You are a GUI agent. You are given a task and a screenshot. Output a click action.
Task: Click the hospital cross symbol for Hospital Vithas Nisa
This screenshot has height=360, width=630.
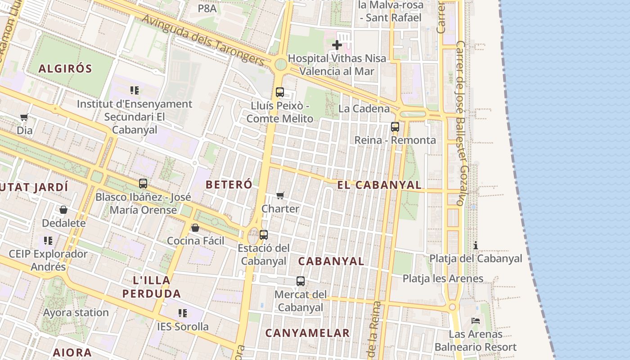click(x=337, y=45)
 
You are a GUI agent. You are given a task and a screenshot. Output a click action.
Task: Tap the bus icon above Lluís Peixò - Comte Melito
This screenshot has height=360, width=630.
click(x=280, y=92)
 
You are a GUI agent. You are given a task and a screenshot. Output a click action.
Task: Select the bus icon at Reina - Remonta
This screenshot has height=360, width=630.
click(x=395, y=127)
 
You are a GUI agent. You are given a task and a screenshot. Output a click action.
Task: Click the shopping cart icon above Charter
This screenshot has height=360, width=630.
click(x=280, y=195)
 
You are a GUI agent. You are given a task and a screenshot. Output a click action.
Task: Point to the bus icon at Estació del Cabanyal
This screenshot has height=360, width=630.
click(x=264, y=234)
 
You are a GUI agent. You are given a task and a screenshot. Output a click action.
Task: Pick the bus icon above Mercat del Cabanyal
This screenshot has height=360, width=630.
click(x=301, y=281)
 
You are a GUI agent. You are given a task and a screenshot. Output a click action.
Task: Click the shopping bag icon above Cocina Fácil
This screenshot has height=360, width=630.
click(x=195, y=228)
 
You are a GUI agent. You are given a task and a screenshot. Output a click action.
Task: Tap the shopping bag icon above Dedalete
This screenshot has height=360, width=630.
click(x=63, y=210)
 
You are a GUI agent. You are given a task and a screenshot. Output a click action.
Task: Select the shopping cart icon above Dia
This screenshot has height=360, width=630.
click(x=24, y=117)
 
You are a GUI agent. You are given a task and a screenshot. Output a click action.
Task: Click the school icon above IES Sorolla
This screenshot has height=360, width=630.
click(x=182, y=313)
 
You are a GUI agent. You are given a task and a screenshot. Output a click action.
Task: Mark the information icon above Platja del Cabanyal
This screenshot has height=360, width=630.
click(x=476, y=245)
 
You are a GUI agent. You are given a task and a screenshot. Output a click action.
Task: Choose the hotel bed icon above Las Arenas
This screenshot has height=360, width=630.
click(x=476, y=321)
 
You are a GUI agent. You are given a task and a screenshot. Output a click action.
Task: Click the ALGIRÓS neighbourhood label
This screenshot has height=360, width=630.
click(x=65, y=69)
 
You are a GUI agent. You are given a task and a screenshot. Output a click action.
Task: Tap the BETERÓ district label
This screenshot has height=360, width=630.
click(x=229, y=184)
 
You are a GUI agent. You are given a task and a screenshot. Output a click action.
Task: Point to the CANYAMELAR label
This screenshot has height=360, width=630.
click(x=307, y=333)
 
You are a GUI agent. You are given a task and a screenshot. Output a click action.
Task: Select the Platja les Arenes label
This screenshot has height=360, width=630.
click(x=443, y=279)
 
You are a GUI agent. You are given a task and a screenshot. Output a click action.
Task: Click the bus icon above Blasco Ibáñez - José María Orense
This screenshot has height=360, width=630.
click(x=143, y=184)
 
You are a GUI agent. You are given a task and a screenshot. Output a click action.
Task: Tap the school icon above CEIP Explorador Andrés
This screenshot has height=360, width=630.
click(x=48, y=241)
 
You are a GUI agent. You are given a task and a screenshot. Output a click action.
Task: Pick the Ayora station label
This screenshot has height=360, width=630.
click(x=76, y=312)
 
